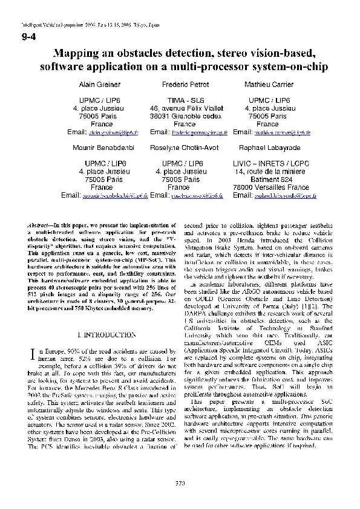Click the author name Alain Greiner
point(100,85)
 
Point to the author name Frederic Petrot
point(183,85)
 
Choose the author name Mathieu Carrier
point(269,85)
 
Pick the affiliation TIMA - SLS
point(183,100)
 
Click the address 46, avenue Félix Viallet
point(183,108)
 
